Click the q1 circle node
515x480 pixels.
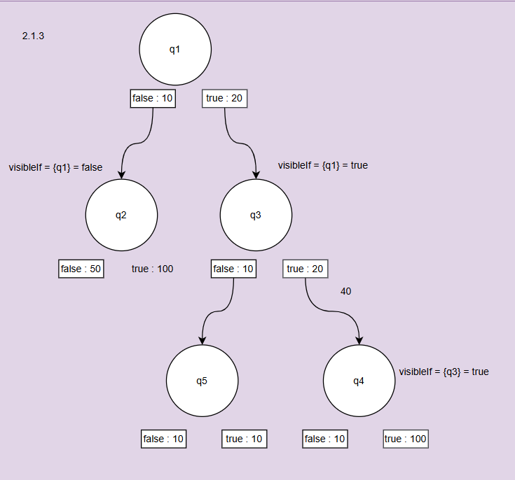click(x=175, y=49)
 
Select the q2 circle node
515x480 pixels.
click(x=121, y=215)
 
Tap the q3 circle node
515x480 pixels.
click(x=256, y=215)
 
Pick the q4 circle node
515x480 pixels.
click(x=359, y=381)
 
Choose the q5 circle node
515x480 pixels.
click(x=202, y=381)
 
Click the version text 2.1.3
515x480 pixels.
click(x=34, y=36)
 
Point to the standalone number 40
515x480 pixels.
click(x=345, y=290)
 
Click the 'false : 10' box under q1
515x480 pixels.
click(x=153, y=99)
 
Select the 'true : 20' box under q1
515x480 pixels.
click(x=225, y=99)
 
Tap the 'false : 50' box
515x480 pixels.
click(x=81, y=269)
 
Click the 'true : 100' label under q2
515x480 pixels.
click(x=152, y=269)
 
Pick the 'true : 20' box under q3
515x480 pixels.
click(x=305, y=269)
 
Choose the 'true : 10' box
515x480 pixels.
click(x=245, y=439)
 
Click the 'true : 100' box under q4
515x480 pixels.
click(x=406, y=439)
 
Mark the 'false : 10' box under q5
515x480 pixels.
click(x=164, y=439)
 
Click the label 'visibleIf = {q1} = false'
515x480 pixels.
click(x=55, y=167)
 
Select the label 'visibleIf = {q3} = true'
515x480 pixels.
click(x=444, y=372)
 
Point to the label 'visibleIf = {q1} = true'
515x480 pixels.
click(x=322, y=166)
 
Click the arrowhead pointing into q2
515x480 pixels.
click(x=121, y=174)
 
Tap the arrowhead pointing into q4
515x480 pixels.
click(x=359, y=341)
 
